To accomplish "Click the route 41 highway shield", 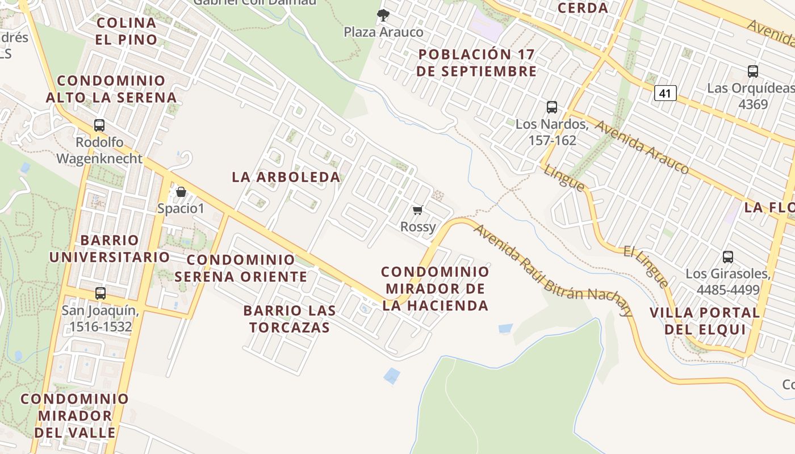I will click(x=665, y=93).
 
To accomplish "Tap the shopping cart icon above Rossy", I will click(x=418, y=211).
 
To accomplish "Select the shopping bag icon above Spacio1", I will click(x=181, y=192).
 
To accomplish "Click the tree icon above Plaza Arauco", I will click(x=383, y=15).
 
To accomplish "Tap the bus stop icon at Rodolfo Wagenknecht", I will click(x=99, y=125).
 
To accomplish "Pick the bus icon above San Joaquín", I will click(x=101, y=293).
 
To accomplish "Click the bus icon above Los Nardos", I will click(x=551, y=107).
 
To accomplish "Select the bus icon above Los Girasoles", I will click(x=728, y=257).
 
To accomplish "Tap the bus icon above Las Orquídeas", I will click(x=753, y=72).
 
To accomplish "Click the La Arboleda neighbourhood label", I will click(x=286, y=177).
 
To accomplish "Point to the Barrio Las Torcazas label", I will click(x=290, y=319).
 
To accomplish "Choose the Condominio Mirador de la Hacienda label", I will click(x=435, y=288).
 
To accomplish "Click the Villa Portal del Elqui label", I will click(x=704, y=321).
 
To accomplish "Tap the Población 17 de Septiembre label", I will click(x=476, y=62).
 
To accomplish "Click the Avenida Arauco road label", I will click(x=642, y=147).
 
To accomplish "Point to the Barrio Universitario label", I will click(x=110, y=249).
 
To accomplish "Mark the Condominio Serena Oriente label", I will click(x=241, y=268).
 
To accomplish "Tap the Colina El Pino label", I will click(x=126, y=31).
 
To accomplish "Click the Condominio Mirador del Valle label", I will click(x=75, y=415).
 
